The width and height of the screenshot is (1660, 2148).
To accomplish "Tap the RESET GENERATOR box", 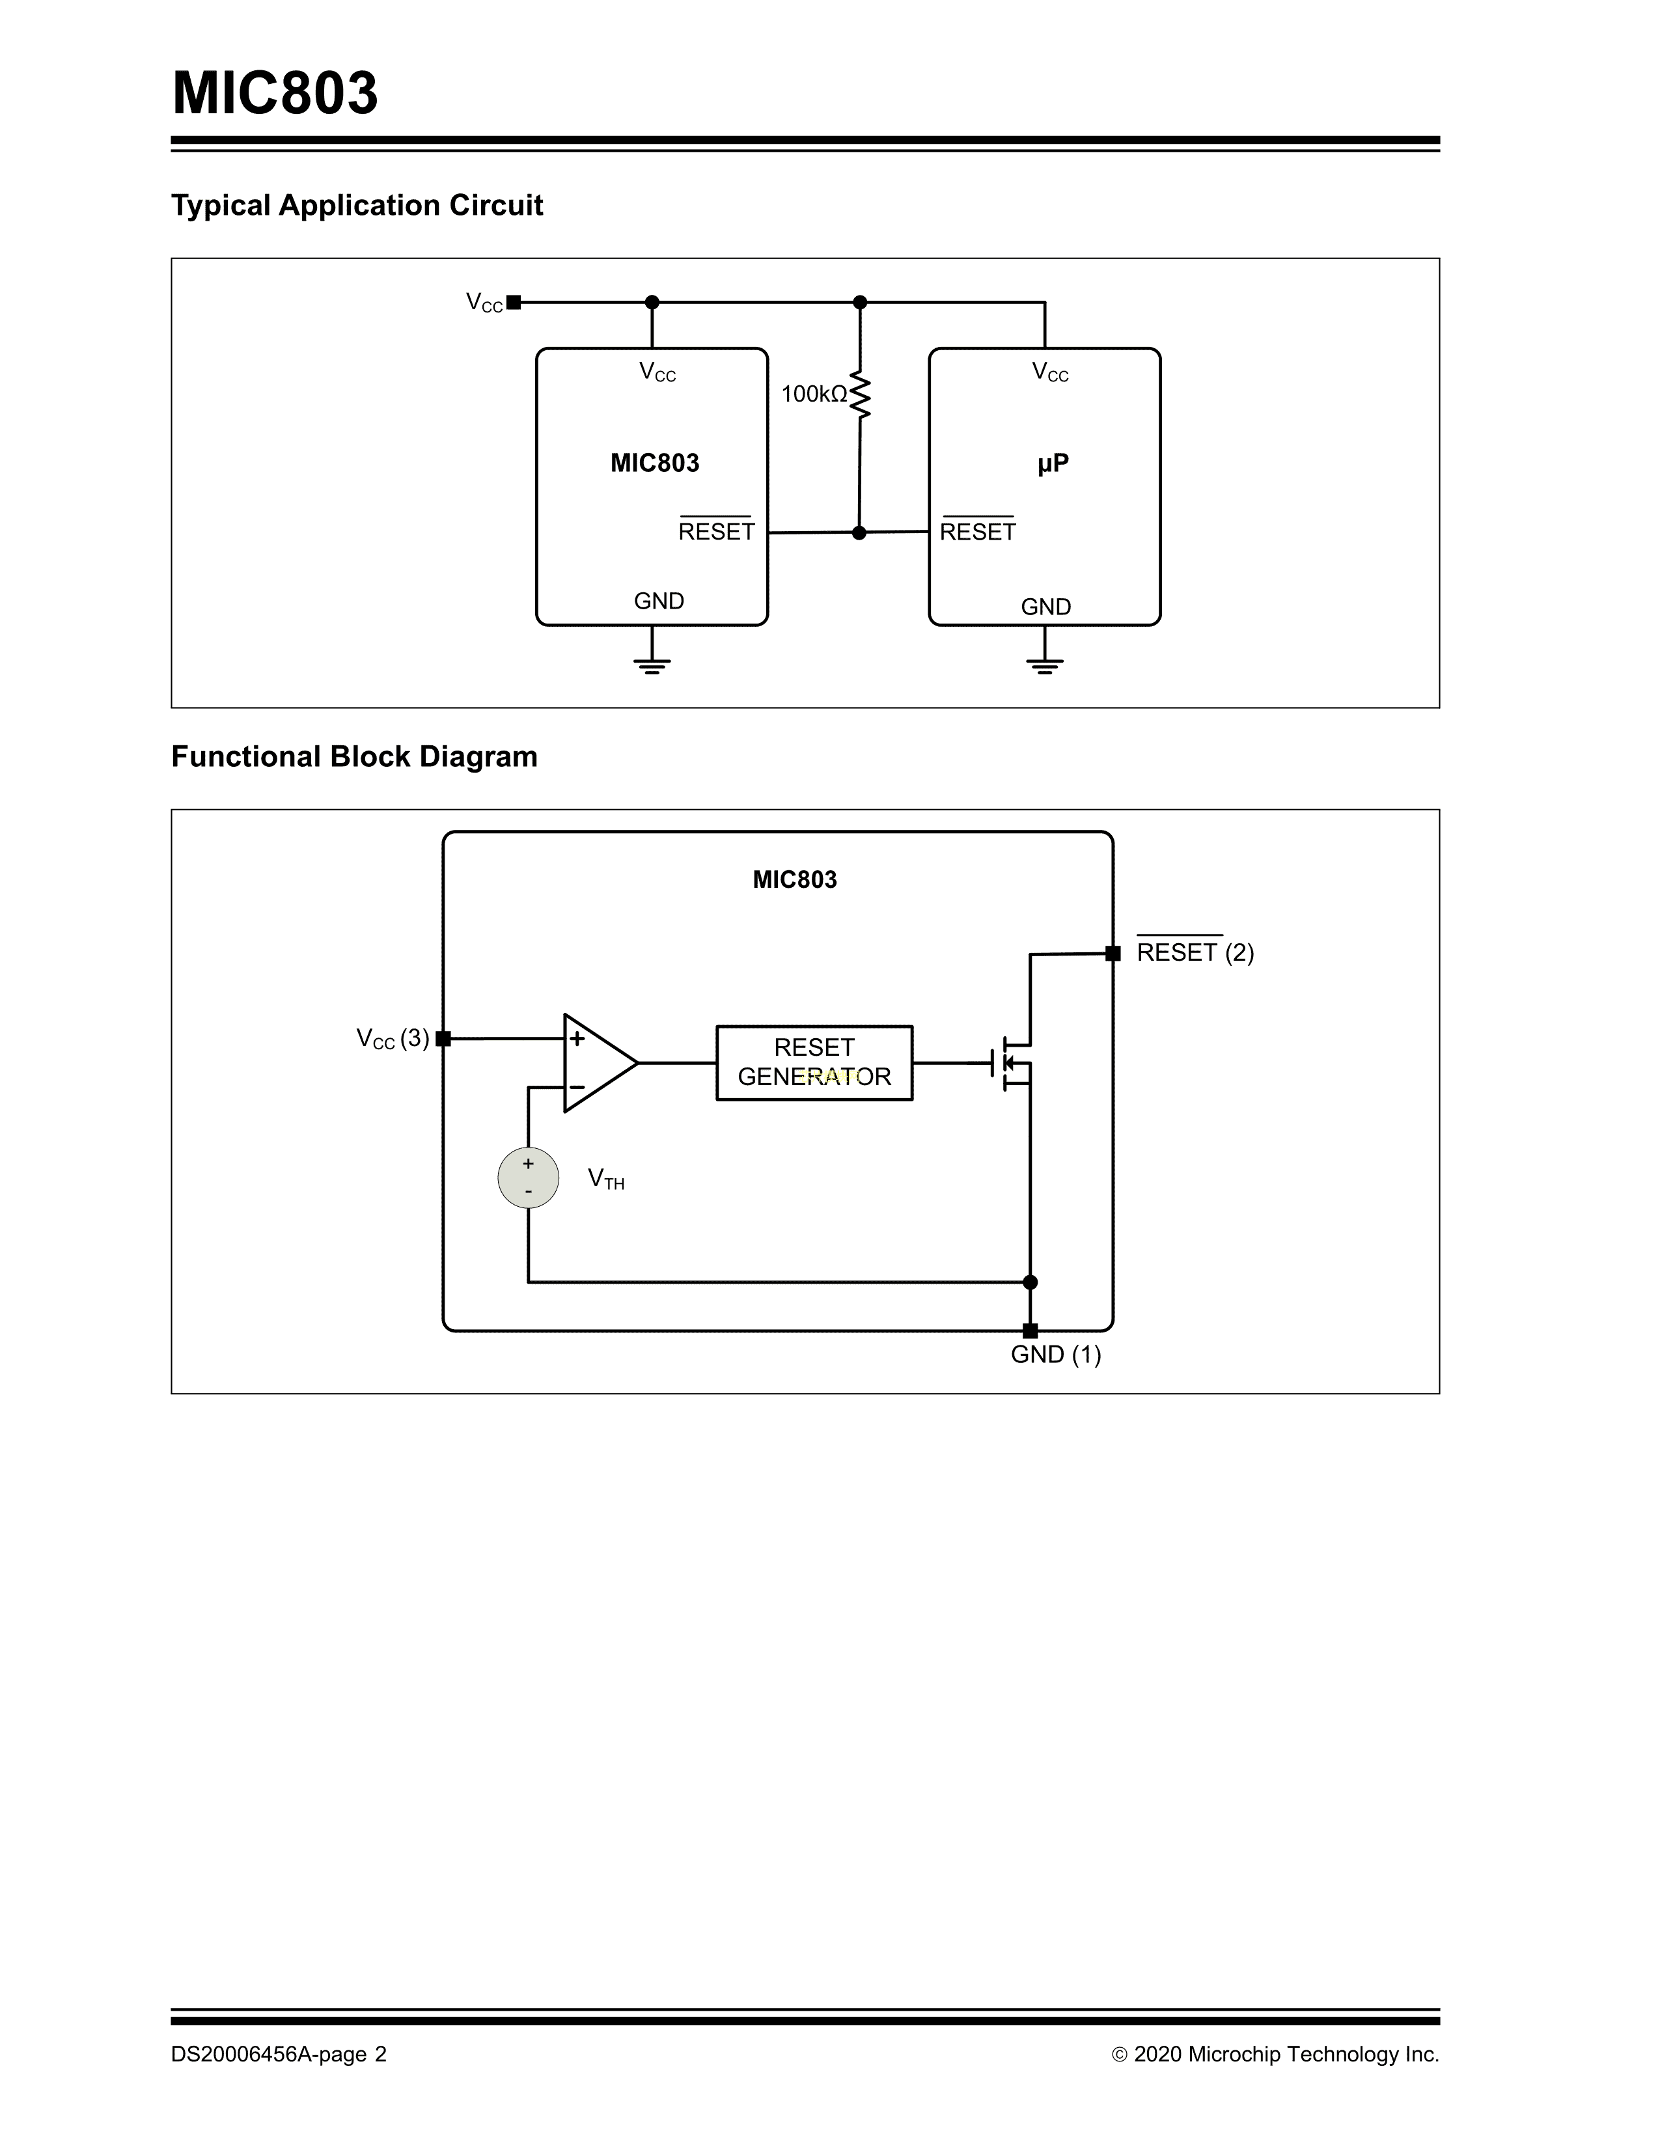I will [x=814, y=1062].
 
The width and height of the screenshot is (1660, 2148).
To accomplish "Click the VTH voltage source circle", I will [x=528, y=1177].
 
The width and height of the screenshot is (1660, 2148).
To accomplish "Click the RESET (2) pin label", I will [x=1195, y=952].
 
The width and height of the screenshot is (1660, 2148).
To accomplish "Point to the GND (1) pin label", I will [x=1055, y=1355].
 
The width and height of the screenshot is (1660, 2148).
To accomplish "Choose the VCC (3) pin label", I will [x=393, y=1039].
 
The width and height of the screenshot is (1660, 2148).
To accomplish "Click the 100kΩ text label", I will [x=813, y=394].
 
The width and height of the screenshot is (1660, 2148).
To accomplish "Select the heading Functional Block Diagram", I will [x=354, y=756].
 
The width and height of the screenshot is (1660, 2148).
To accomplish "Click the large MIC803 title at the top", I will [x=275, y=94].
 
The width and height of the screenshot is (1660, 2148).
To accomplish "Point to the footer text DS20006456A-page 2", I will [x=279, y=2054].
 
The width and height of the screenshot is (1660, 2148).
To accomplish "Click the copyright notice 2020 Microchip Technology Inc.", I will [x=1275, y=2054].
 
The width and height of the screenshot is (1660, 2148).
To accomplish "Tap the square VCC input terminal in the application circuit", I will [x=514, y=303].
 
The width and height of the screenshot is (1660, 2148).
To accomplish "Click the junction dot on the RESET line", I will [x=859, y=533].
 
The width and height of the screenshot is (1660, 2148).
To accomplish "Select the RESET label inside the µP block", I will [x=978, y=532].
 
